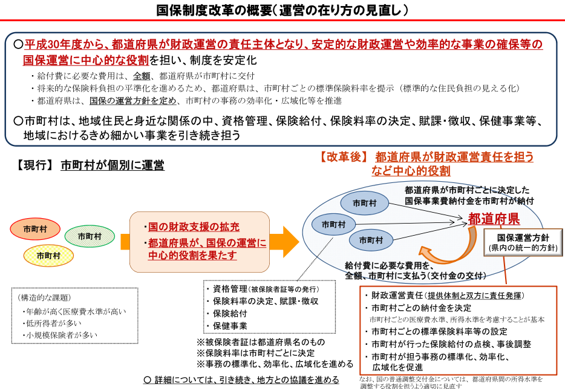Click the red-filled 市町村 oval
[36, 229]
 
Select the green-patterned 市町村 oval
[89, 236]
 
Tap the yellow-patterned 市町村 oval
[48, 255]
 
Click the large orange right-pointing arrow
[284, 242]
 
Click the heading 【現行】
[34, 165]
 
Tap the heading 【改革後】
[343, 157]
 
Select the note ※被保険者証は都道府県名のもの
[260, 342]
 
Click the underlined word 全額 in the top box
[142, 76]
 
